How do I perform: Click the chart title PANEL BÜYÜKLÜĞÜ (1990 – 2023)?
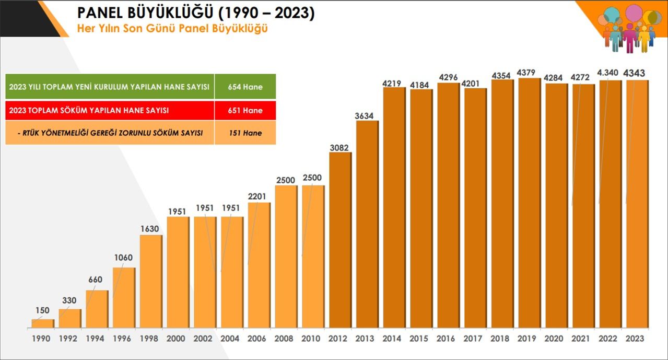click(196, 13)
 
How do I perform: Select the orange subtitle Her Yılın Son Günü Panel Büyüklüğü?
click(172, 29)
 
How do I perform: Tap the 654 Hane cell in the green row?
click(245, 87)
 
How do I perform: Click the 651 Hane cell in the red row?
click(245, 111)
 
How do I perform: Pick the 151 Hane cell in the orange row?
click(245, 133)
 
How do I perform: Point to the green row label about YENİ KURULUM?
click(110, 87)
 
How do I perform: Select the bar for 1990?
click(42, 323)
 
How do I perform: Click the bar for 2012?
click(340, 240)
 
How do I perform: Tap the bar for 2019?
click(529, 204)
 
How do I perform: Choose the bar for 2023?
click(637, 204)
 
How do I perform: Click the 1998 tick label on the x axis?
click(150, 339)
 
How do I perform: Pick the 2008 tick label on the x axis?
click(285, 339)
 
